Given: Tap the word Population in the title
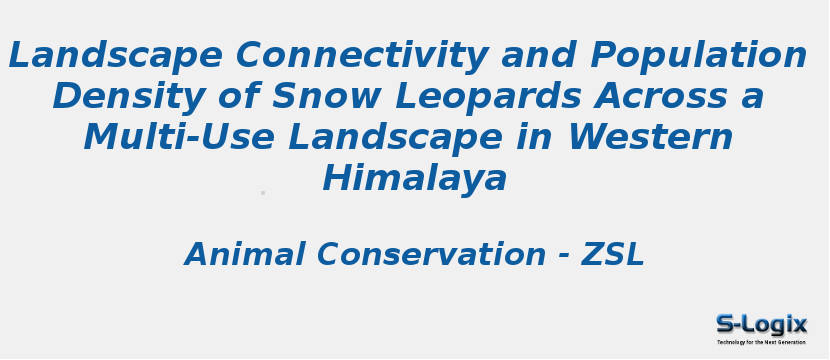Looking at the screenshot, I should pos(698,56).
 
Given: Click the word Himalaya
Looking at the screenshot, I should pos(415,179).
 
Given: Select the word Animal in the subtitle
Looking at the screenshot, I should pos(245,255).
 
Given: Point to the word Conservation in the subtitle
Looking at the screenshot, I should pos(432,255).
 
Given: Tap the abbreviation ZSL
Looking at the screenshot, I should pos(613,255).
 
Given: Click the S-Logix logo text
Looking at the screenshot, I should pos(761,324).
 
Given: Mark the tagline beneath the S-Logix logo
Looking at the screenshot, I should pos(761,342).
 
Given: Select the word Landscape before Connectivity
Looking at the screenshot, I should pos(115,56).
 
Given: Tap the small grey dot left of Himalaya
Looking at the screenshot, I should pos(263,193).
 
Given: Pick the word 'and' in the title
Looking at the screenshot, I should pos(540,56).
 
